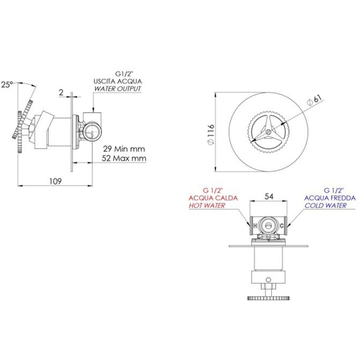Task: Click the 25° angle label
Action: click(x=7, y=85)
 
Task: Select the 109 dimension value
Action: click(x=56, y=181)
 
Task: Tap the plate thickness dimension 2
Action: click(x=61, y=92)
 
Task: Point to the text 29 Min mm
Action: click(x=124, y=149)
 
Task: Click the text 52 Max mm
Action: click(x=124, y=158)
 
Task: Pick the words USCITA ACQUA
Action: click(x=118, y=81)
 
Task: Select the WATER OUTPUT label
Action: click(x=118, y=89)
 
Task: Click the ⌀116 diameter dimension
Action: click(x=211, y=134)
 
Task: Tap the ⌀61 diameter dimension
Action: click(x=314, y=100)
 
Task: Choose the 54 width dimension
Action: click(x=269, y=197)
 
